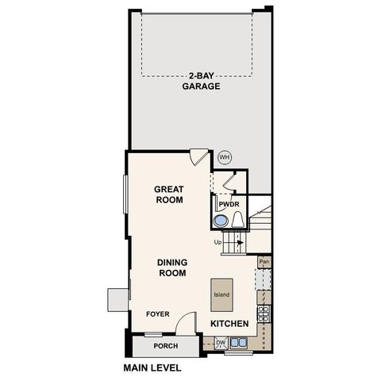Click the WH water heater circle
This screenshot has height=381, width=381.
[x=225, y=157]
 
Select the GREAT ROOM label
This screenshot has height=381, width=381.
[x=169, y=194]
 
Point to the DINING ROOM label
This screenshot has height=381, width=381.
[x=171, y=267]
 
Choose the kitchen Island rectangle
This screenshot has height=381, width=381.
[x=221, y=294]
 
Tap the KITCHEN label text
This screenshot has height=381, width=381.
[x=230, y=324]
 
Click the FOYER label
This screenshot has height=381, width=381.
[x=158, y=314]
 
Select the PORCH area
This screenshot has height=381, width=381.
[x=166, y=347]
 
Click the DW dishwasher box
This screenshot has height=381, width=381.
[x=220, y=343]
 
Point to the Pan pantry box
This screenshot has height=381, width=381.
[x=264, y=261]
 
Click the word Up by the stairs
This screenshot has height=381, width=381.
[x=217, y=242]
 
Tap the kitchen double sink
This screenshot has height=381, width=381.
[x=239, y=344]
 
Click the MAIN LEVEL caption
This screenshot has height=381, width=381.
[x=152, y=368]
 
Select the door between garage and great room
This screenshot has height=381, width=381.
[x=199, y=157]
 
